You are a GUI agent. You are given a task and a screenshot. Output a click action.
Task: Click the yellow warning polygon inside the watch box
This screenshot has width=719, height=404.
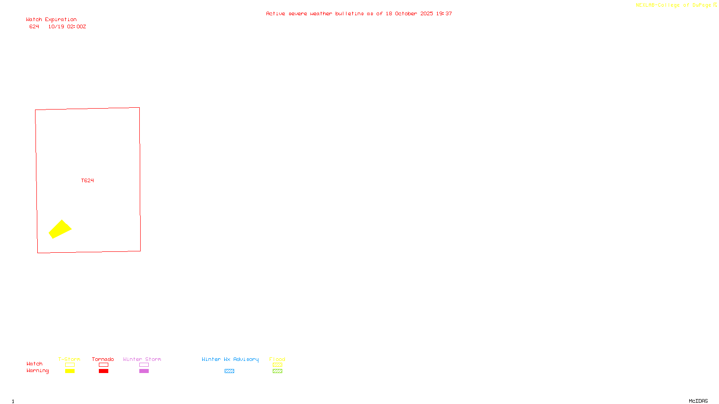coord(60,229)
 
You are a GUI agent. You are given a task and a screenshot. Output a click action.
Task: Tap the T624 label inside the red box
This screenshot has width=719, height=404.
coord(87,180)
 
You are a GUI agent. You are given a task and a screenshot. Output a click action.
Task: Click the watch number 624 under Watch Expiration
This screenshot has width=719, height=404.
coord(34,26)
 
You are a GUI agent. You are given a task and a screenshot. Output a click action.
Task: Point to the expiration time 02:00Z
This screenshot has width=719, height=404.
coord(76,26)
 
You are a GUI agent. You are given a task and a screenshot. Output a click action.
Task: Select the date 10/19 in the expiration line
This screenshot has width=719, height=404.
coord(56,26)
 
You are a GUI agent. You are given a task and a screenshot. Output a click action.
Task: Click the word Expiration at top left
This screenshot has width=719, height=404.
coord(61,20)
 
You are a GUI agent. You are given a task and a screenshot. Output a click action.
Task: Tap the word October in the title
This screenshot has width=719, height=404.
coord(406,13)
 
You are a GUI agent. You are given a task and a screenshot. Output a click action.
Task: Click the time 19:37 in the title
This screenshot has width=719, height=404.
coord(444,13)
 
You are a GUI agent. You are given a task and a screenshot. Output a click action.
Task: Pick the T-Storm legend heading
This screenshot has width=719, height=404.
coord(69,359)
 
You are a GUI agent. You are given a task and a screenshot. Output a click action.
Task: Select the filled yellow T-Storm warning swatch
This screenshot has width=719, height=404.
coord(70,371)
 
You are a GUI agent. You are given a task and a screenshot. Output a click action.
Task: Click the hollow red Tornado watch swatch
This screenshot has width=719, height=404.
coord(103,365)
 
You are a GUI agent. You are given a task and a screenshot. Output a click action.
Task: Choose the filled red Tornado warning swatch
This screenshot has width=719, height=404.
coord(103,371)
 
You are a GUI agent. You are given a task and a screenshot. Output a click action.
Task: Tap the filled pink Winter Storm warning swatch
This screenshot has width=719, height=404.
coord(144,371)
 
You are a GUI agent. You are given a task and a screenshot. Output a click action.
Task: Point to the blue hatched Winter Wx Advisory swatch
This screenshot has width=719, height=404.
coord(229,371)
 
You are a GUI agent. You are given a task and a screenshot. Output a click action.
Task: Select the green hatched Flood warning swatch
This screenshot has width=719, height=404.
coord(277,371)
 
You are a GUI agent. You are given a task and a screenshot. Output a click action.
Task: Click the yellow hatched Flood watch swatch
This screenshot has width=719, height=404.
coord(277,365)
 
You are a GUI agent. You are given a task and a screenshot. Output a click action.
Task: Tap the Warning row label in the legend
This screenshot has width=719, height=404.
coord(37,371)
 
